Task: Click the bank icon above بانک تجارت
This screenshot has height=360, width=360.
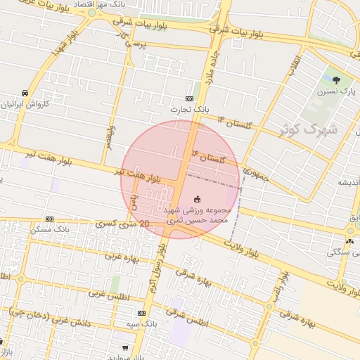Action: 189,99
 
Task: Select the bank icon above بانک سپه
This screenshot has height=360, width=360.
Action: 142,313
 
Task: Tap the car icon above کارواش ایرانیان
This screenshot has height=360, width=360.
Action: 25,93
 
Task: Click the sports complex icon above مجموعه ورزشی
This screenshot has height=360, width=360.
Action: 197,199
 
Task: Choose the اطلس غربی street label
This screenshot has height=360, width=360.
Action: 111,295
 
